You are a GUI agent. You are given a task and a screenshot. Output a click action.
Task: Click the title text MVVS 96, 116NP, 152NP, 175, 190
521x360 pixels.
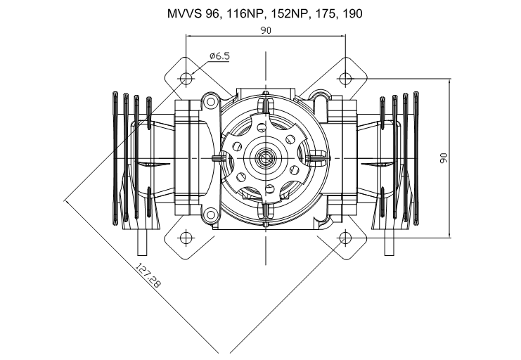(x=265, y=13)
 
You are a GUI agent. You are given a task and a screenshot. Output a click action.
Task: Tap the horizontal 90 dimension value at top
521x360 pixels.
(x=266, y=30)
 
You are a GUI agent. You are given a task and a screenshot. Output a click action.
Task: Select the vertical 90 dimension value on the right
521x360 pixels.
(x=444, y=158)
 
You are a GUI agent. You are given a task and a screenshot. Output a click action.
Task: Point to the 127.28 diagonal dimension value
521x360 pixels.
(x=148, y=276)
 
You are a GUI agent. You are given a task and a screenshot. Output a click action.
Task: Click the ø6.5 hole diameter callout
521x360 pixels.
(x=219, y=56)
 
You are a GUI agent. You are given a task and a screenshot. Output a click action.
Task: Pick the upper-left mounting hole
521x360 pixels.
(x=186, y=79)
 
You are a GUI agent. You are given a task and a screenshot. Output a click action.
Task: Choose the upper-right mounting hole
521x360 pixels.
(x=345, y=79)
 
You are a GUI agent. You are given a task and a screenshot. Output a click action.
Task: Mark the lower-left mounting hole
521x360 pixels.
(x=186, y=238)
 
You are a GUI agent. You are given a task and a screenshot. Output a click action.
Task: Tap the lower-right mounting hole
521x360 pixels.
(x=345, y=238)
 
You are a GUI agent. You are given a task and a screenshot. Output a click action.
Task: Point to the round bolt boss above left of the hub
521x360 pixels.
(x=210, y=102)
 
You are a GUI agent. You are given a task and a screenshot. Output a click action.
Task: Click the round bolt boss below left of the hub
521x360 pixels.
(x=210, y=214)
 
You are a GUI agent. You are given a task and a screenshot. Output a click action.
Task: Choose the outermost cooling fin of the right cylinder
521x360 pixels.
(x=416, y=158)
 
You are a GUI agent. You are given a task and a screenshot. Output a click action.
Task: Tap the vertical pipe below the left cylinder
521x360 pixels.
(x=142, y=243)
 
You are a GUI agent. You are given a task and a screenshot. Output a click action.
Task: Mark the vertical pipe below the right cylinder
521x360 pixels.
(x=389, y=243)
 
